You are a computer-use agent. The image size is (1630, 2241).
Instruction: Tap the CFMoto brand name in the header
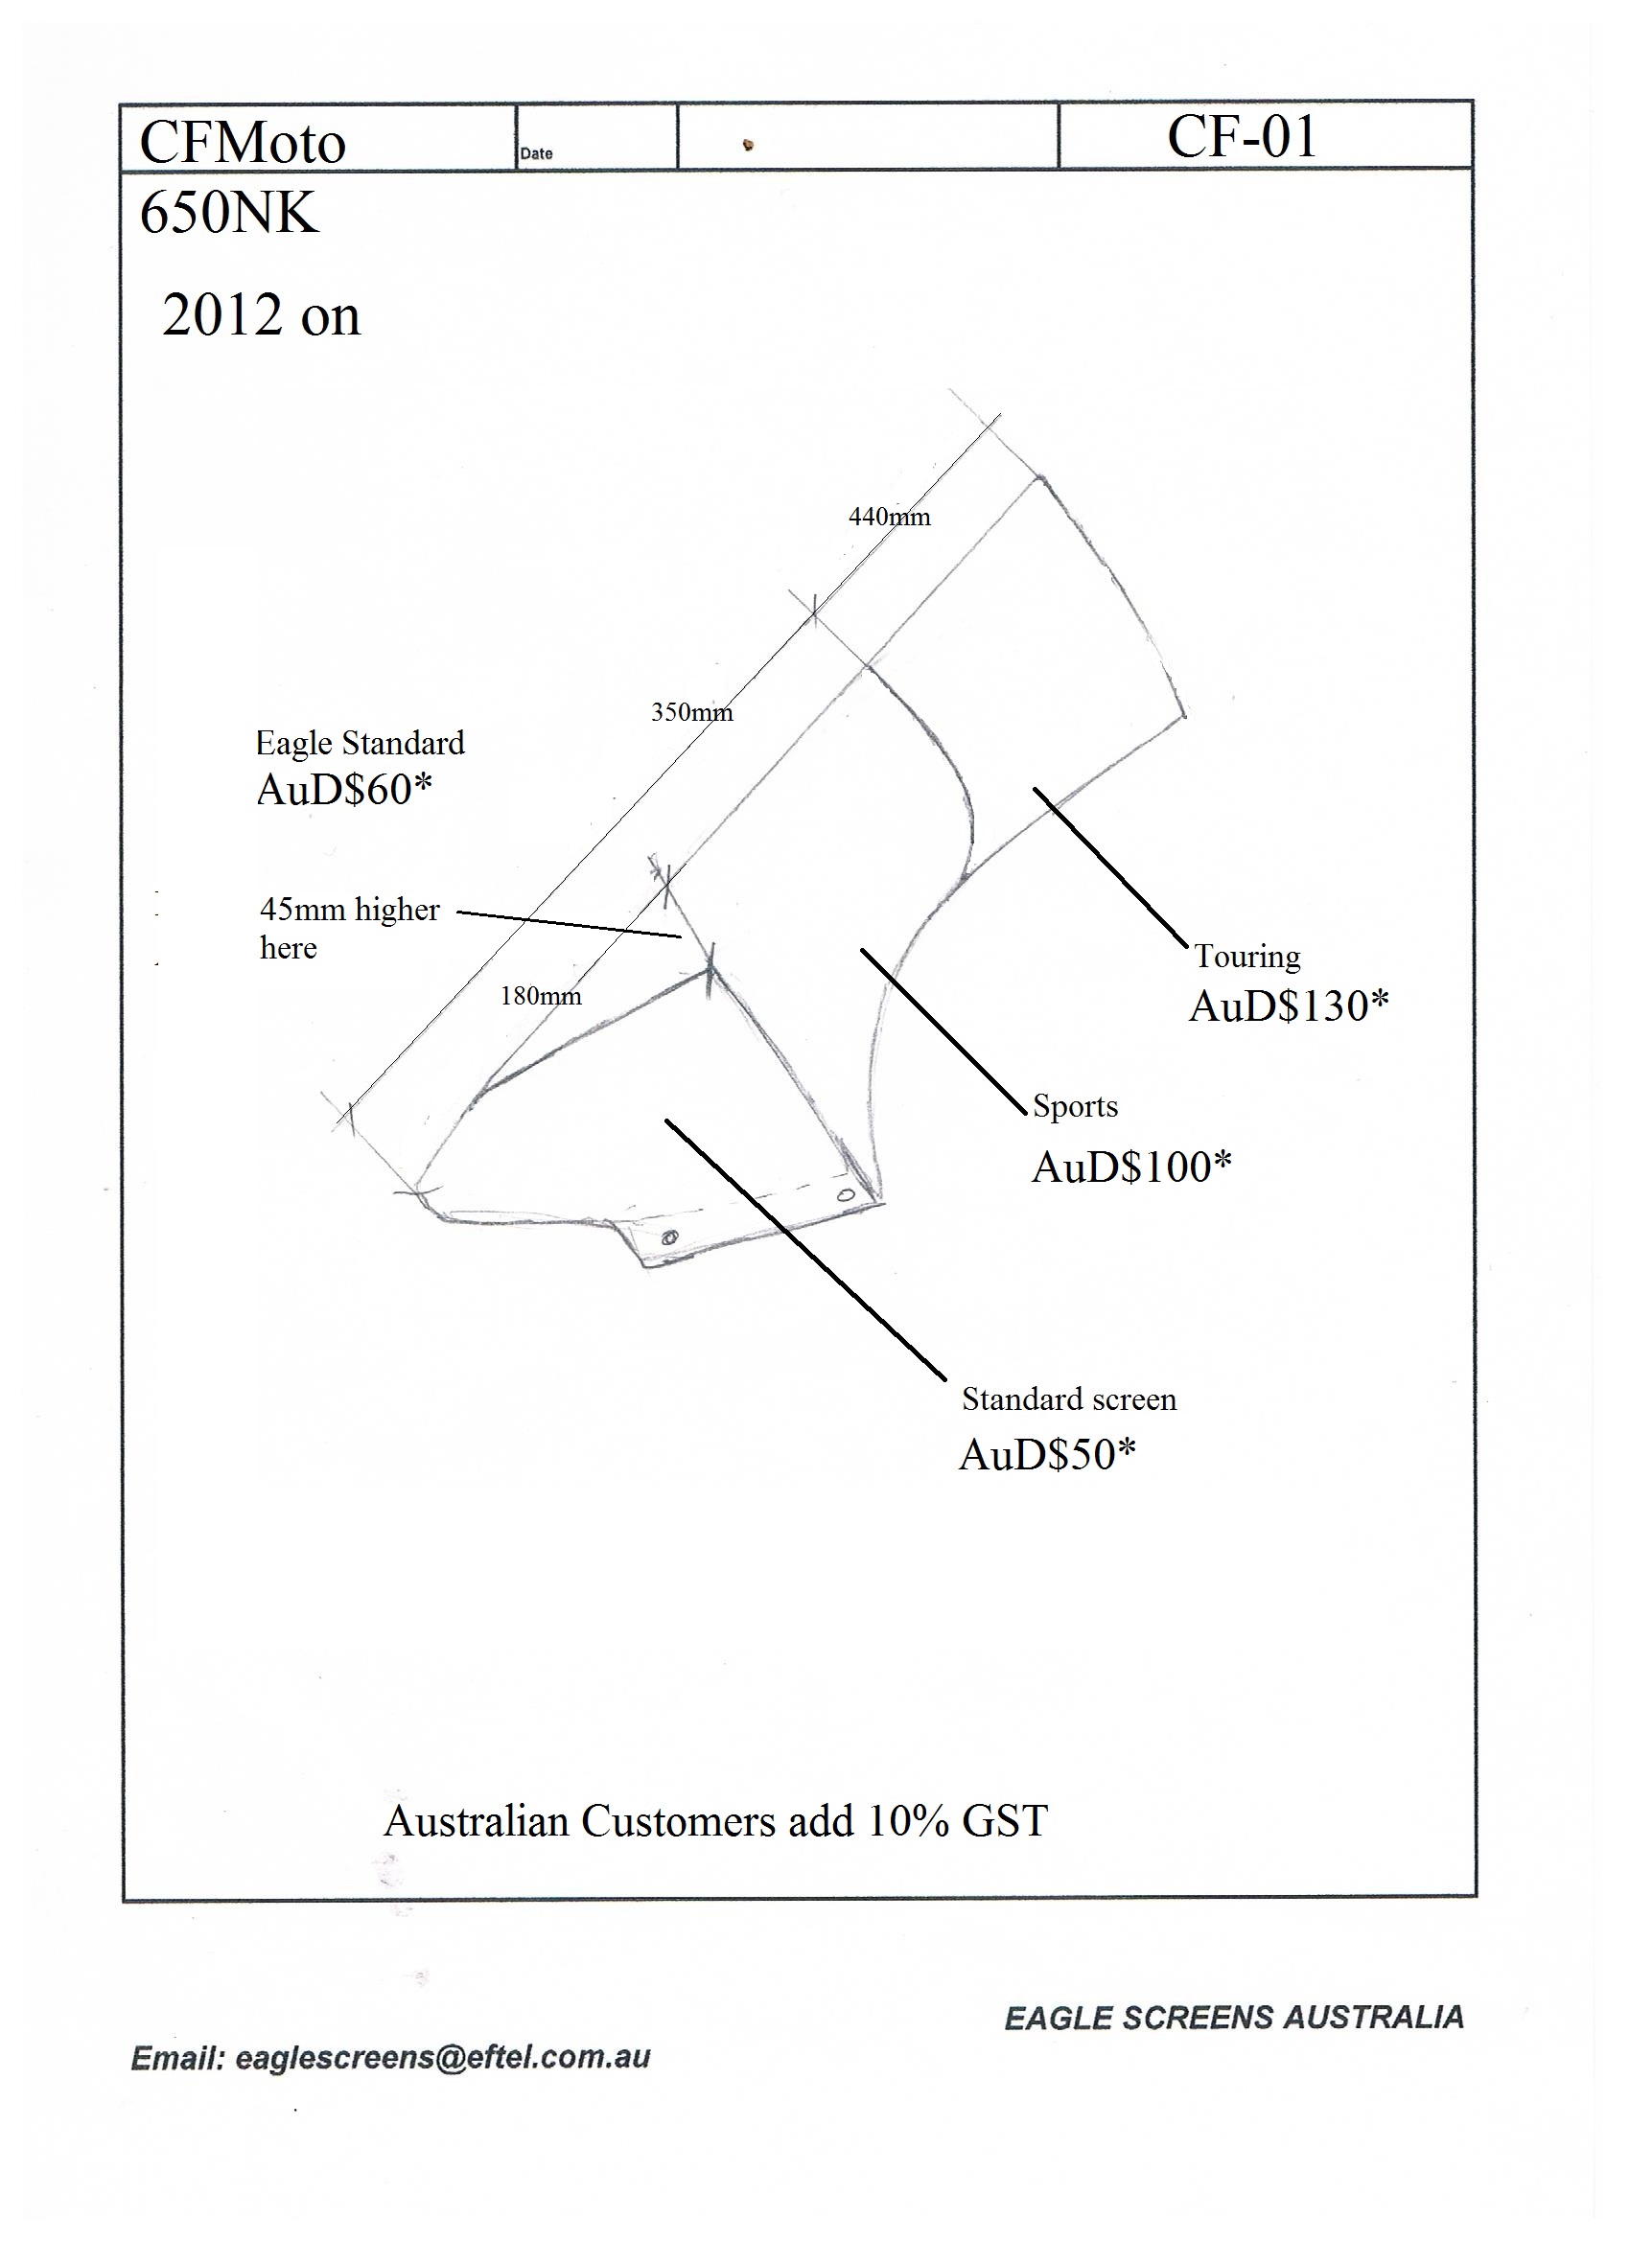[x=243, y=142]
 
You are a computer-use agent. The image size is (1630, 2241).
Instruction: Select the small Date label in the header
[x=537, y=153]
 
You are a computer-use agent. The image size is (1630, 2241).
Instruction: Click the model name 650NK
[x=229, y=213]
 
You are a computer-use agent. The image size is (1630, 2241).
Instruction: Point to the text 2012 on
[x=261, y=315]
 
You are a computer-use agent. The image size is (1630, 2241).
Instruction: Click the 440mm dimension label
[x=890, y=517]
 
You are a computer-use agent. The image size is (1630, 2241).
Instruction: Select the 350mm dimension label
[x=692, y=711]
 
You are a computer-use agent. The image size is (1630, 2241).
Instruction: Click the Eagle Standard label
[x=360, y=743]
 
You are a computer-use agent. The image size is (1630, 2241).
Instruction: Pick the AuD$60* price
[x=344, y=790]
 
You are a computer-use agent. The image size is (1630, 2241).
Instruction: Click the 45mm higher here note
[x=350, y=928]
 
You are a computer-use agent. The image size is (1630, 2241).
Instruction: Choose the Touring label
[x=1247, y=957]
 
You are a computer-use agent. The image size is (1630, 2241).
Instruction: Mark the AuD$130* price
[x=1289, y=1005]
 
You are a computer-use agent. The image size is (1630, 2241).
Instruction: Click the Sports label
[x=1076, y=1106]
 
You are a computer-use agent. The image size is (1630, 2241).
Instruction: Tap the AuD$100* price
[x=1131, y=1167]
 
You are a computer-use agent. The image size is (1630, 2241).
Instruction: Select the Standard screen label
[x=1069, y=1399]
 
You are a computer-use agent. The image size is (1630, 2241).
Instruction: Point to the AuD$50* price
[x=1048, y=1454]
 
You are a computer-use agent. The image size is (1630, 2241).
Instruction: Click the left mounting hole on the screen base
[x=669, y=1236]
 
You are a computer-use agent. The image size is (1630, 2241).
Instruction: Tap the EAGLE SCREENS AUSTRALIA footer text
[x=1234, y=2017]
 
